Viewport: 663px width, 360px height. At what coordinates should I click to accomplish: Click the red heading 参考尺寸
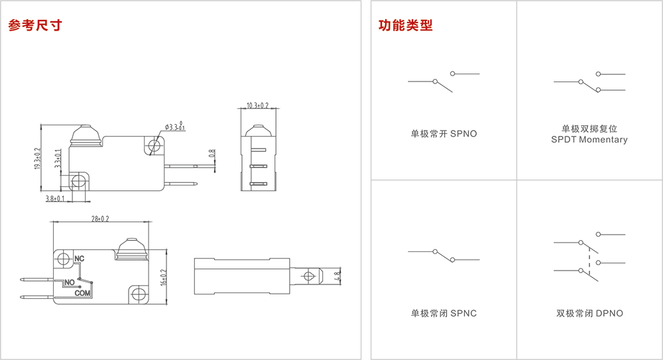[34, 26]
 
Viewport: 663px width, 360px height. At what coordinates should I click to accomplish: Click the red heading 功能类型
[405, 26]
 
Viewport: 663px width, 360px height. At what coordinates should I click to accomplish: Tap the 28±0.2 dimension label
[99, 218]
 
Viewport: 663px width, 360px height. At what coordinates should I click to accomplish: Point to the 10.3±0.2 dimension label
[257, 105]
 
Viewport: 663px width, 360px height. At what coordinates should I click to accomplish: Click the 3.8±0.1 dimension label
[54, 198]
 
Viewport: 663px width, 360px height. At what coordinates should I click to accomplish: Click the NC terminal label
[79, 258]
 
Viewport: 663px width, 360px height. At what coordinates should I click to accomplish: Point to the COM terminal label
[82, 292]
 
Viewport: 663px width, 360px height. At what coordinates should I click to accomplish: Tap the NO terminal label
[68, 282]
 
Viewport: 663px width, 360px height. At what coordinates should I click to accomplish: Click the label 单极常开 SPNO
[444, 134]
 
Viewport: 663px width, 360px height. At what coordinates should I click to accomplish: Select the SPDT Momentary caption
[589, 140]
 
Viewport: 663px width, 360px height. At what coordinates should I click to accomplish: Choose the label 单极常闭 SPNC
[444, 313]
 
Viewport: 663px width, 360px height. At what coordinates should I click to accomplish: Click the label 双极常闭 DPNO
[589, 313]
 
